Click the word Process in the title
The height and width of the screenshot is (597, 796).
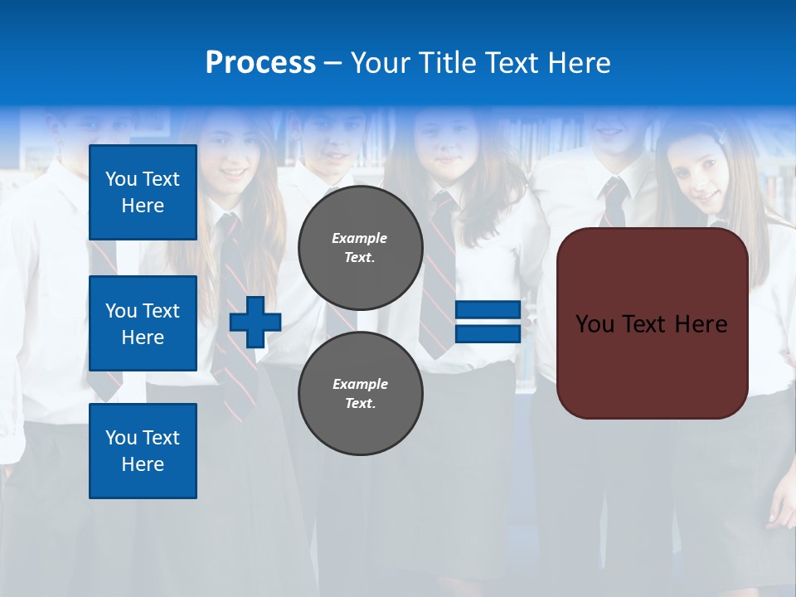pos(260,63)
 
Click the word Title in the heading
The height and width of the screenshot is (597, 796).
pos(440,63)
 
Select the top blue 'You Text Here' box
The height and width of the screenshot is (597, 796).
pos(143,192)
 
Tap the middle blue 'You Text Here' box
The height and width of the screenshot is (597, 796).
pos(143,323)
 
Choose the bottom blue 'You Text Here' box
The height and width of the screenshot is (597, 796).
pos(143,451)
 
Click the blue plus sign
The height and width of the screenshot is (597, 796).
pos(255,323)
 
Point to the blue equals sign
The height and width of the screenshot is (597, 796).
pos(488,323)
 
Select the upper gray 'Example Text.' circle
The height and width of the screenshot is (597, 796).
pos(360,248)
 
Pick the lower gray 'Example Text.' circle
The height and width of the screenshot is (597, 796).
pos(360,394)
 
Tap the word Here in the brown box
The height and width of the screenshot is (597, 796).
pos(701,324)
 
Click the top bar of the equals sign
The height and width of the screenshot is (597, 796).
pos(488,311)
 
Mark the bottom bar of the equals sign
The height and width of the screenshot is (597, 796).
pos(488,334)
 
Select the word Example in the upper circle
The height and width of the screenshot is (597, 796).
pos(360,238)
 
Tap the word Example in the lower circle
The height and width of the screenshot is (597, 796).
pos(360,384)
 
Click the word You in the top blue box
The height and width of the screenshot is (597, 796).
pos(121,179)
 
